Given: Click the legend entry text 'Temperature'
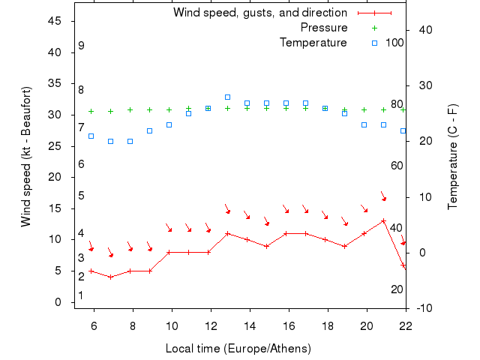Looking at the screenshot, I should point(313,43).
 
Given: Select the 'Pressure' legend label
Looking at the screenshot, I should point(324,28).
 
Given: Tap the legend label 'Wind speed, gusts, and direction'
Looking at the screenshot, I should point(259,13).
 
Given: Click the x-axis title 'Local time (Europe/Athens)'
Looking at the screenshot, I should point(238,349).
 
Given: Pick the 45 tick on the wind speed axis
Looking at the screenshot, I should point(54,21).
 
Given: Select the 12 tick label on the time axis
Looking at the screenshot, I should point(211,325).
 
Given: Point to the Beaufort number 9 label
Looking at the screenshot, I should point(81,46).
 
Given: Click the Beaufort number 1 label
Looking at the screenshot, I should point(81,295).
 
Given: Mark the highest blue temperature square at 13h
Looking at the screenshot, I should point(227,97).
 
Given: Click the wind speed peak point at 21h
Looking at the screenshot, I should point(383,220).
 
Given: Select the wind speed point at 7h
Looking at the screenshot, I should point(110,277).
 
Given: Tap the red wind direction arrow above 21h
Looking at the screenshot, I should point(383,196).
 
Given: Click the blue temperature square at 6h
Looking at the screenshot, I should point(91,136).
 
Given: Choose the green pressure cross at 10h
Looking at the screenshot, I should point(169,109).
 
